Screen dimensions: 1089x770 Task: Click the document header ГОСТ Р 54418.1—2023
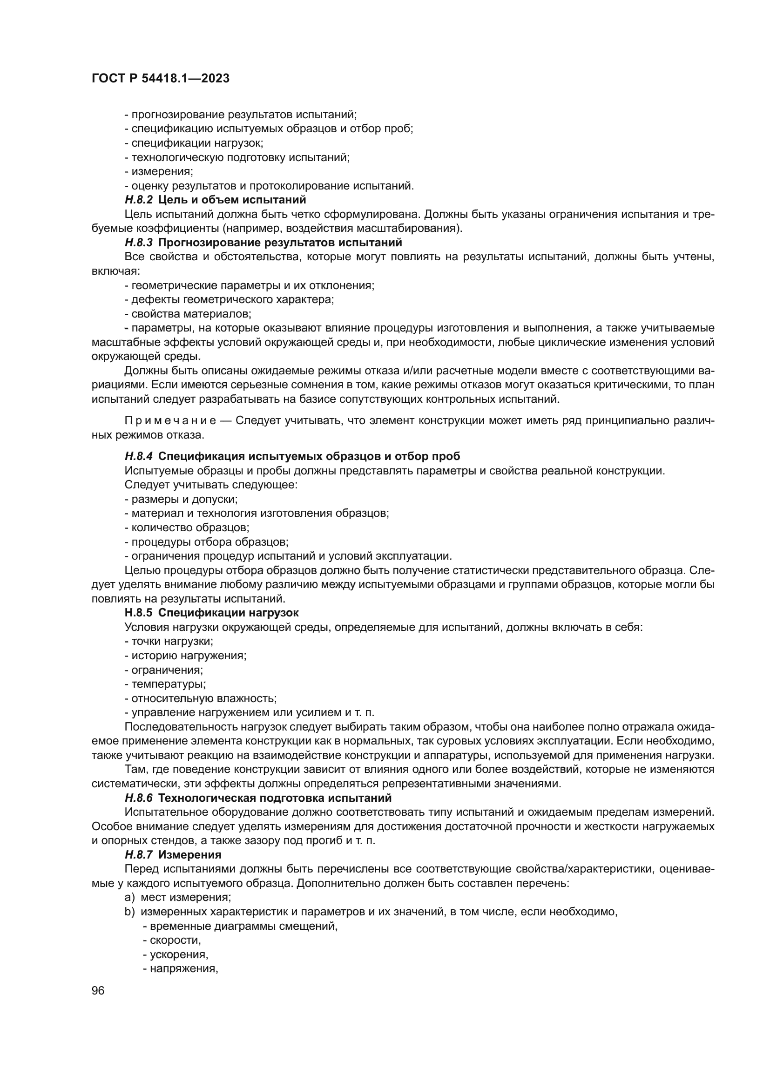[160, 78]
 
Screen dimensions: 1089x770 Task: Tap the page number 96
[98, 990]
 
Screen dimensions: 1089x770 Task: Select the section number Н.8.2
[138, 200]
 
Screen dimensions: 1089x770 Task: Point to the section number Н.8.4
[138, 456]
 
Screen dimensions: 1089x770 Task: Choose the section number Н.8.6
[138, 798]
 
